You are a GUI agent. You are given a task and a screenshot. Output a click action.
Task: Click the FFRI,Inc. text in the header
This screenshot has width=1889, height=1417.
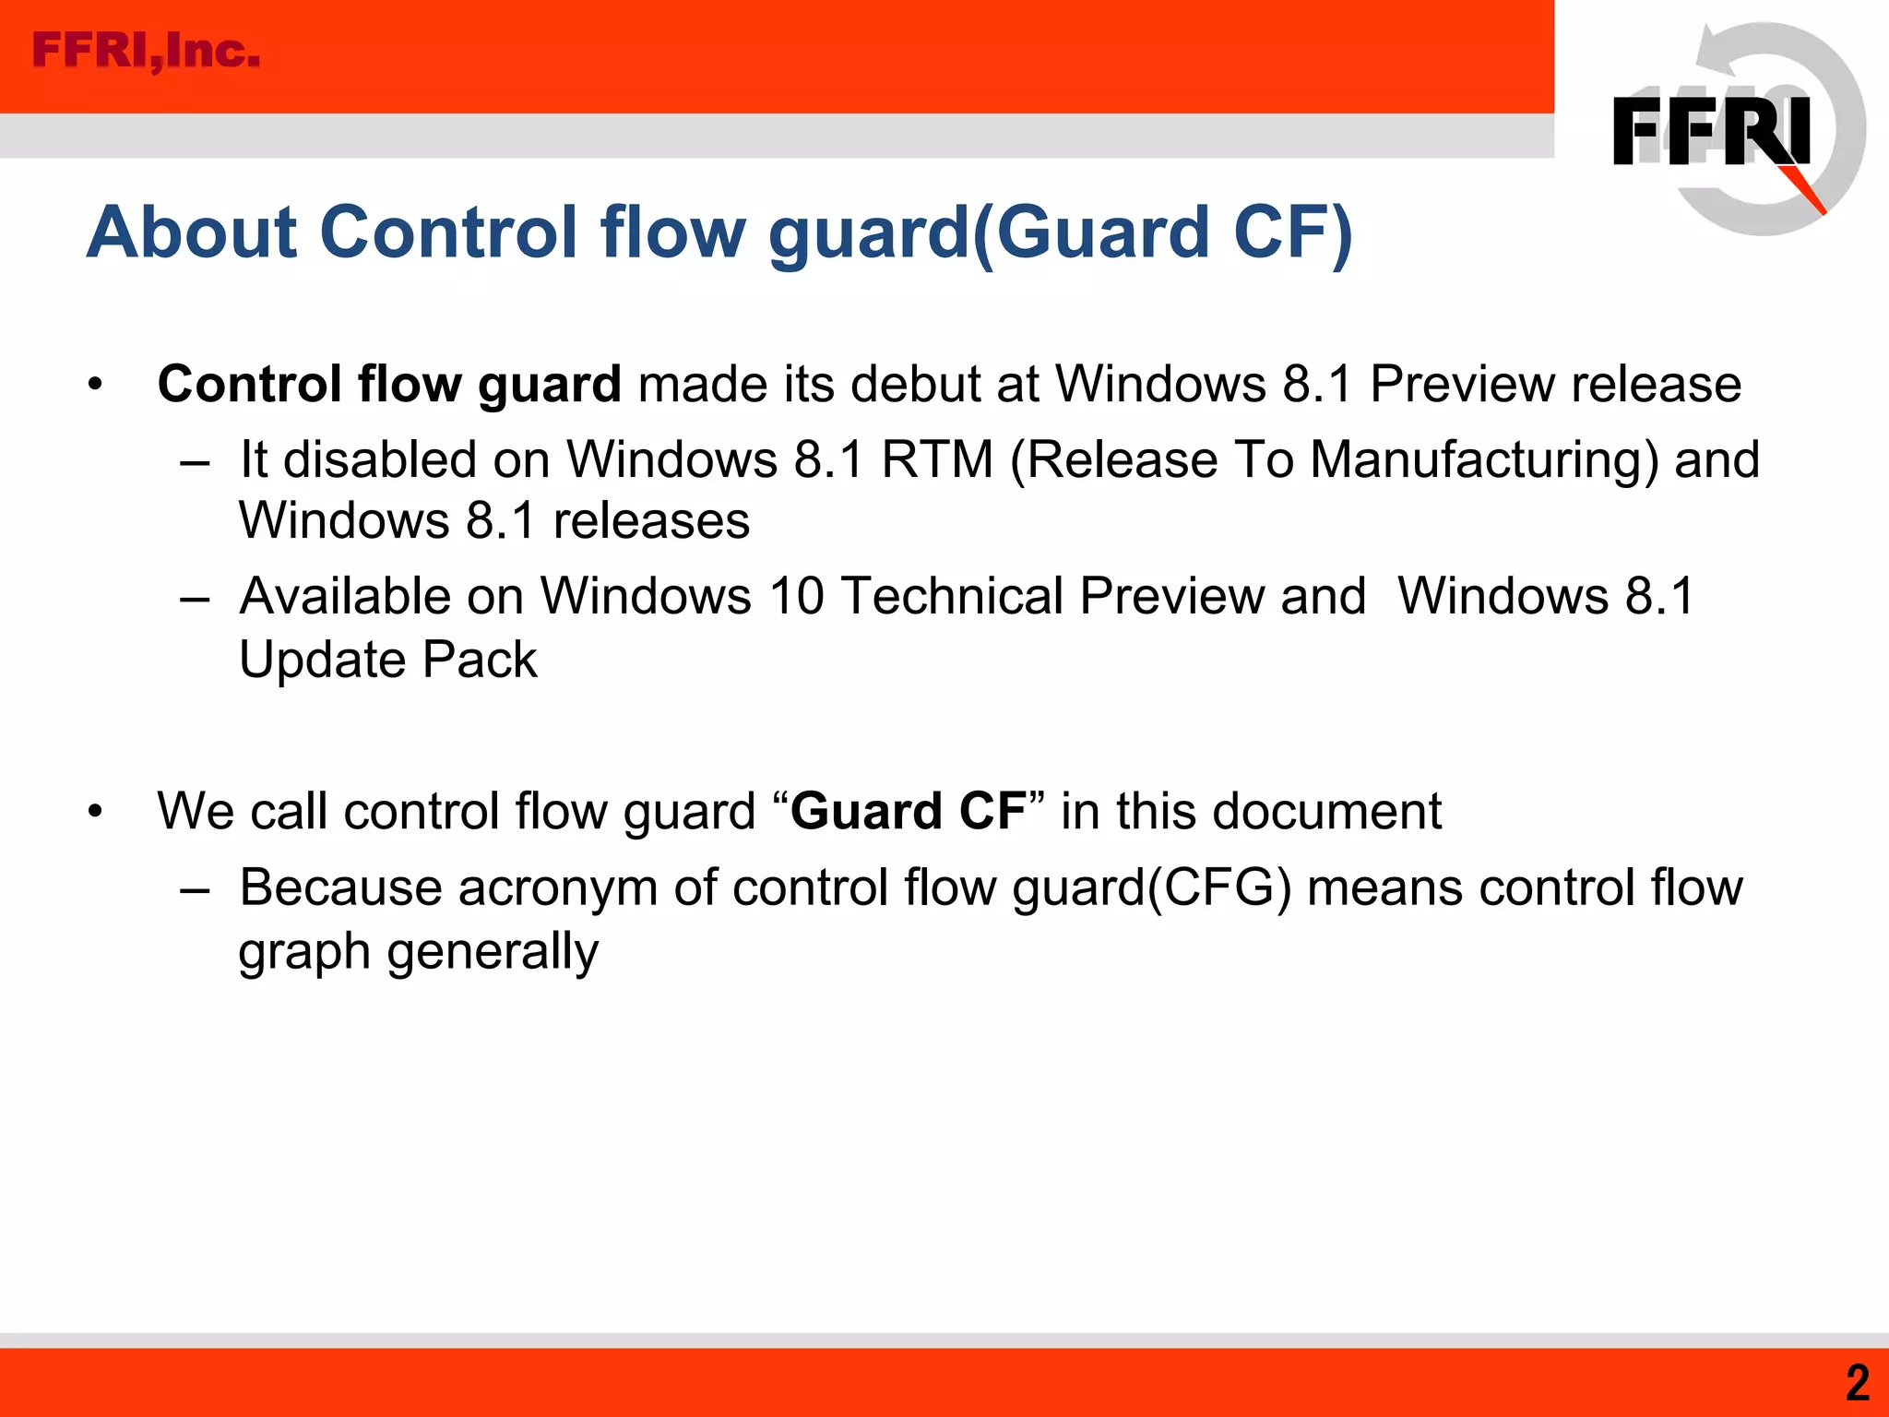coord(146,51)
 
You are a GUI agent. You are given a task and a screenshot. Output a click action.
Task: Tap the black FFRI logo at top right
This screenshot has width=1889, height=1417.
coord(1711,131)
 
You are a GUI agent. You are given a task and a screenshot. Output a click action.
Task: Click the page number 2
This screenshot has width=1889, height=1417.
coord(1857,1383)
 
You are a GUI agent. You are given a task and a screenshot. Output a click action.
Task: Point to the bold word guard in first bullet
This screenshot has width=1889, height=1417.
coord(549,385)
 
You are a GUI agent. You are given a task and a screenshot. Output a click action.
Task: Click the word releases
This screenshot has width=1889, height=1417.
coord(651,521)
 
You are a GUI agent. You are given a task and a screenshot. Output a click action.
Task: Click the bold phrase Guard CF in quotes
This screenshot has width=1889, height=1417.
coord(908,812)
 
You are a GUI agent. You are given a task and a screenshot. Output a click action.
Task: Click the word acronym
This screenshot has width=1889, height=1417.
coord(557,888)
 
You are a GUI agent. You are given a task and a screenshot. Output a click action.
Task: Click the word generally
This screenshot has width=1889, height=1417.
coord(493,952)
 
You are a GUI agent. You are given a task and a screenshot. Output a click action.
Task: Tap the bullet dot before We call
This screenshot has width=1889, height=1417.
coord(95,813)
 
